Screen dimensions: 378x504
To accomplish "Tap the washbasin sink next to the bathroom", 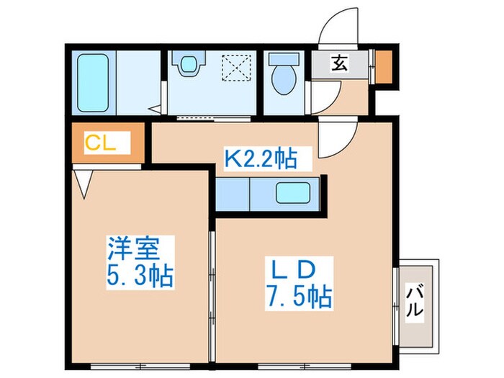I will point(189,65).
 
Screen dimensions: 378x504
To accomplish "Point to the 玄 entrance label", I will point(339,63).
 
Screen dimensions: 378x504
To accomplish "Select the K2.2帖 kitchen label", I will point(261,158).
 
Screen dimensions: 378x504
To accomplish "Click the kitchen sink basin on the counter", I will point(293,194).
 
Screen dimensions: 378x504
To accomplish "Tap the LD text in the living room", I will point(293,270).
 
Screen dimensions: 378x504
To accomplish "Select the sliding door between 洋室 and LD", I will point(212,288).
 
